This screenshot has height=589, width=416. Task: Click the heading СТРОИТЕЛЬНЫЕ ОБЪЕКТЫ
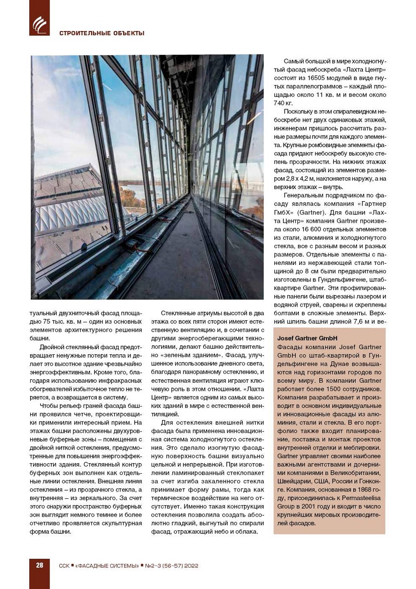[102, 33]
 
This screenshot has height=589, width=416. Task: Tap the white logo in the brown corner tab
[39, 25]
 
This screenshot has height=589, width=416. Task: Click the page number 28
[39, 565]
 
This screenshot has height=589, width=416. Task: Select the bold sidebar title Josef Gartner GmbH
[307, 338]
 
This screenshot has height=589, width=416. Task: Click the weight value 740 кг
[283, 103]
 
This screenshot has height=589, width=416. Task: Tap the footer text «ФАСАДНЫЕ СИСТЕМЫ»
[107, 566]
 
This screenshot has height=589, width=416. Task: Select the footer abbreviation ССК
[64, 566]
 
